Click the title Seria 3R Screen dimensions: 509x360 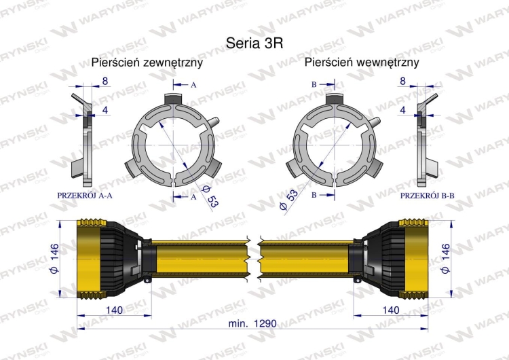point(254,43)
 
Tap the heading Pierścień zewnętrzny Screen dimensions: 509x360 point(147,62)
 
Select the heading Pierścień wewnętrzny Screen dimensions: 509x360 point(362,62)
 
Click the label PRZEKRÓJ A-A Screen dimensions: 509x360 point(85,196)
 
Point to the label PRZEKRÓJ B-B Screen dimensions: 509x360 point(427,196)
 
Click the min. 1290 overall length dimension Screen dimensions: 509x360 point(252,323)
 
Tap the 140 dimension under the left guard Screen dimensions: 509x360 point(114,310)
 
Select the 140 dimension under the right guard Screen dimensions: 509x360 point(390,310)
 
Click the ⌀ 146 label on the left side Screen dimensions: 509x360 point(54,258)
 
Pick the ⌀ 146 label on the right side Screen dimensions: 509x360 point(446,258)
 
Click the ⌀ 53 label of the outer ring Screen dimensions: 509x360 point(210,197)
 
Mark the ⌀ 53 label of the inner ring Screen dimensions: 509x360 point(288,200)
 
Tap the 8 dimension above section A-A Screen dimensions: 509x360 point(105,81)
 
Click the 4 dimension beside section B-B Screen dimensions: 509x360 point(403,110)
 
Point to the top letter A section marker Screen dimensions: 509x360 point(193,85)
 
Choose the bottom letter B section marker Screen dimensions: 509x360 point(314,195)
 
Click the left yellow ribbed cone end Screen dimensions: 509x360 point(90,259)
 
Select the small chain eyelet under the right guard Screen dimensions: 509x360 point(358,279)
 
